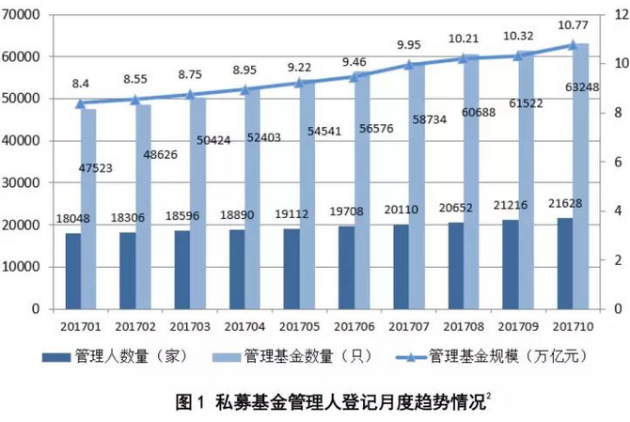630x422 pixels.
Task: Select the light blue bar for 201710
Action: click(x=582, y=179)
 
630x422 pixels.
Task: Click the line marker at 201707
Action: click(x=409, y=65)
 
